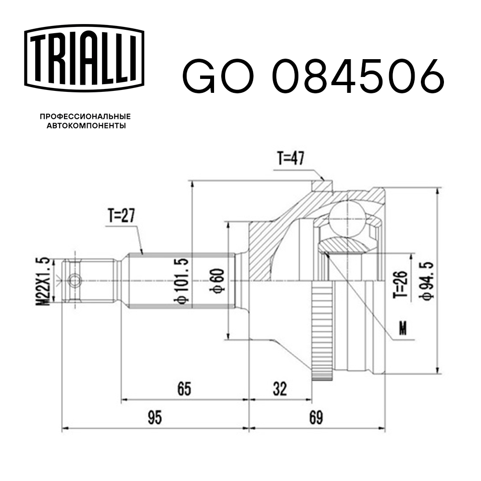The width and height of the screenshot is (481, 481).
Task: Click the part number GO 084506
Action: tap(313, 76)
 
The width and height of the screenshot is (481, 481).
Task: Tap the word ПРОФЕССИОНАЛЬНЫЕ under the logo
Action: tap(86, 116)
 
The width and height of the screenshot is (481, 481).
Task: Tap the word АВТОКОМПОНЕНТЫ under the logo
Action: tap(86, 126)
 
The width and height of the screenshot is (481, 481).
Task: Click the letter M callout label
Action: tap(403, 328)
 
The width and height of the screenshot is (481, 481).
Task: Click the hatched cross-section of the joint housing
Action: tap(269, 240)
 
